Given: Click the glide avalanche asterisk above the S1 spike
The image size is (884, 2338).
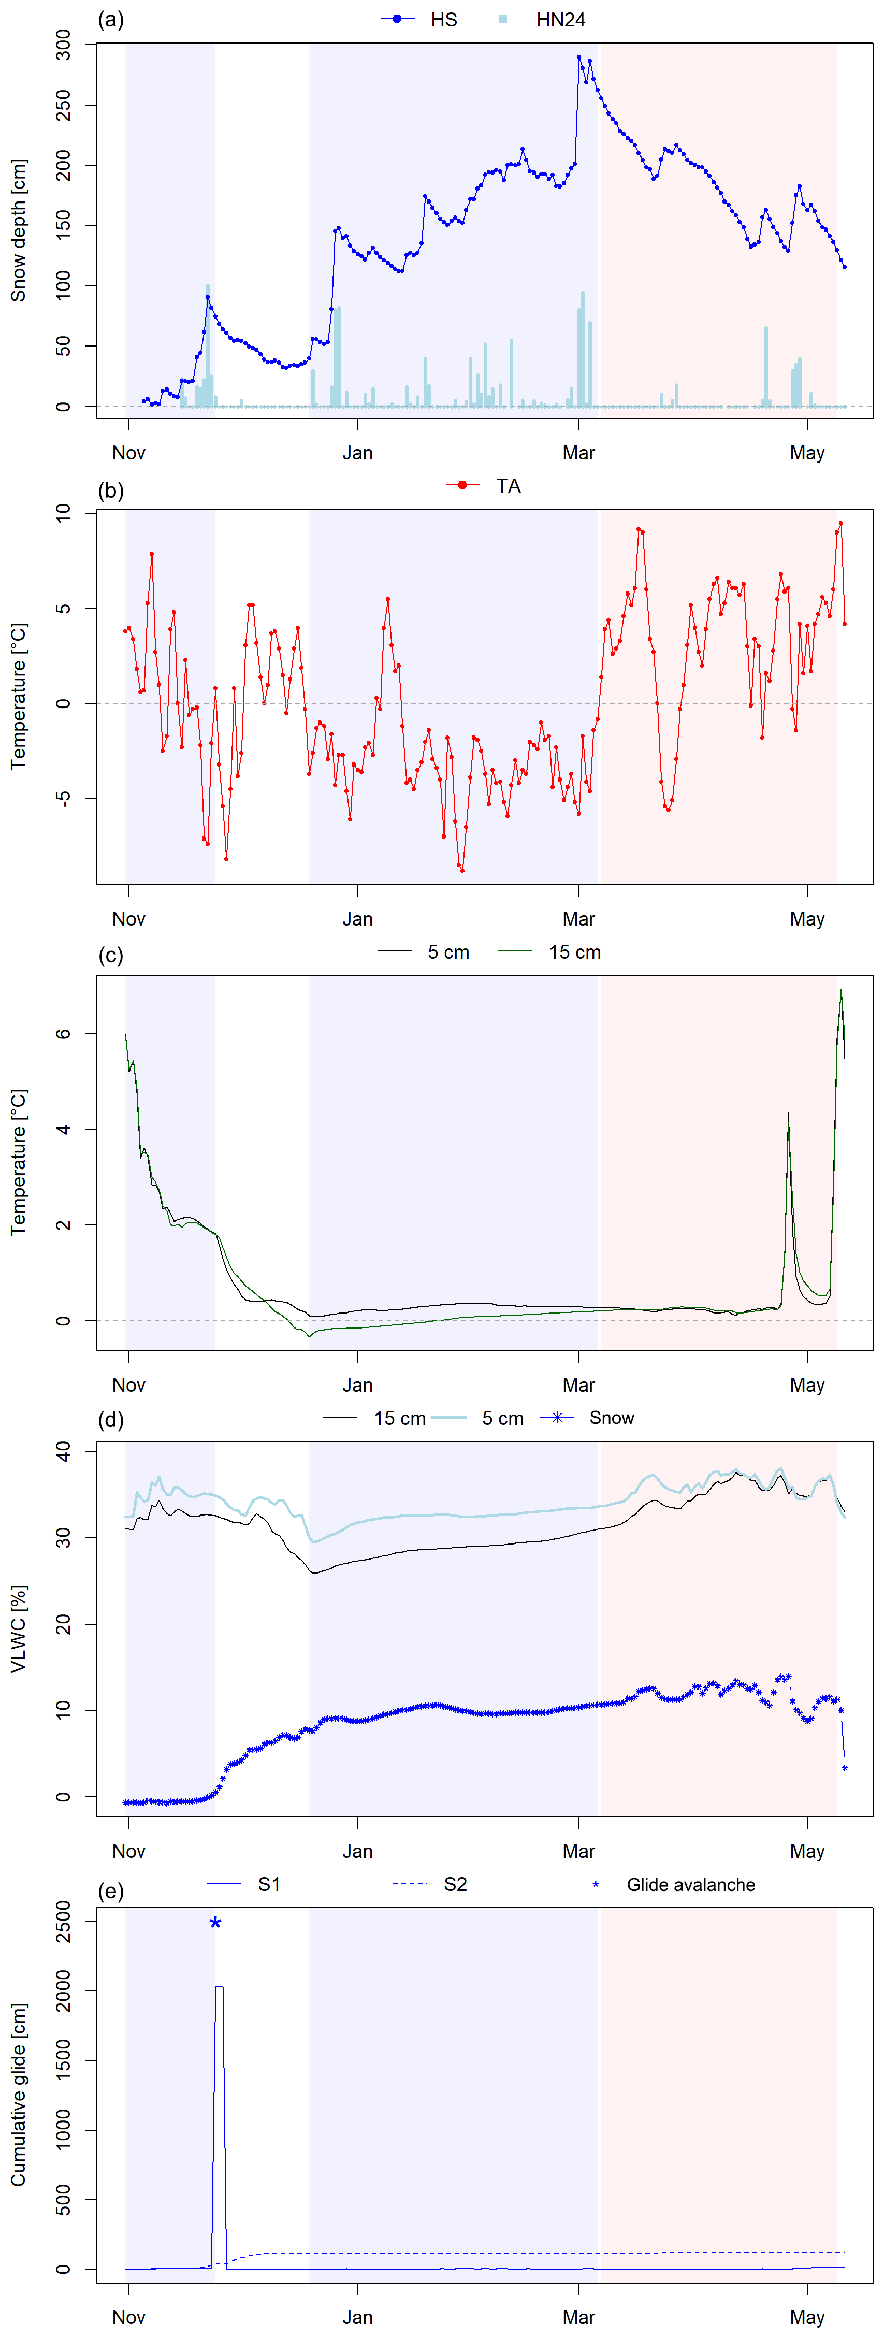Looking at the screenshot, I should (215, 1923).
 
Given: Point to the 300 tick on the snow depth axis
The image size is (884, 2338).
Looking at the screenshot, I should (64, 45).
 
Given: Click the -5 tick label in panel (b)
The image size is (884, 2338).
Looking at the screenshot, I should (64, 799).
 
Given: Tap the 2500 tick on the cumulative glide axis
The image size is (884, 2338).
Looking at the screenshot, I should (64, 1922).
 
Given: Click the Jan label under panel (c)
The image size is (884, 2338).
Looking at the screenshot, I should (358, 1385).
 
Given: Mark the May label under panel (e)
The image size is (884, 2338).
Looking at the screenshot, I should (807, 2317).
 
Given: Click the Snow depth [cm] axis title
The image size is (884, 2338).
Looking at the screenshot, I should (18, 230).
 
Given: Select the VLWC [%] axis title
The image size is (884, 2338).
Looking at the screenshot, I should (18, 1628).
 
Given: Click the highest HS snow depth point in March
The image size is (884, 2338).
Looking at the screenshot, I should (579, 57).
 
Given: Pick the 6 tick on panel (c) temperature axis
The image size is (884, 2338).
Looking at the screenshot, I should (64, 1034).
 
